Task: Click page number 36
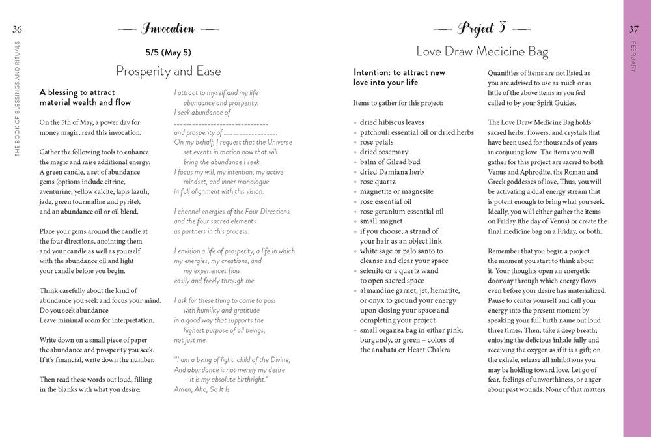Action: pyautogui.click(x=17, y=28)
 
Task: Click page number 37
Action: pyautogui.click(x=633, y=28)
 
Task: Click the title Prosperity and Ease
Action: pyautogui.click(x=168, y=70)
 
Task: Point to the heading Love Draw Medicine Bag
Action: pyautogui.click(x=482, y=51)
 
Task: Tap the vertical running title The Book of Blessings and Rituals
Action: pyautogui.click(x=18, y=98)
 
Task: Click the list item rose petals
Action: pyautogui.click(x=376, y=141)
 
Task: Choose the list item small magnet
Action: pyautogui.click(x=381, y=221)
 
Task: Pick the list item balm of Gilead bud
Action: pyautogui.click(x=390, y=162)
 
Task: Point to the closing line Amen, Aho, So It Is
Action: pyautogui.click(x=202, y=389)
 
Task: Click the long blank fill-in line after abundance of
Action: pyautogui.click(x=221, y=122)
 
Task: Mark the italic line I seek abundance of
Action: pyautogui.click(x=202, y=112)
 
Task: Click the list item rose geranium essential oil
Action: pyautogui.click(x=402, y=212)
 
